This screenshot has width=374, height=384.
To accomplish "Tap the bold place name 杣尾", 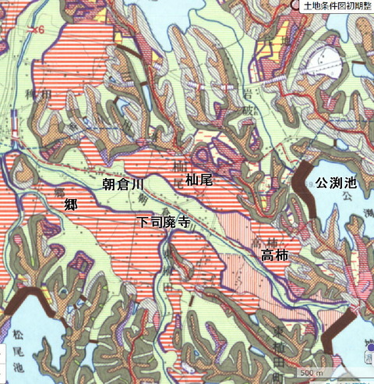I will [x=200, y=180].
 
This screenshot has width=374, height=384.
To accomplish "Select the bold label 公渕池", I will [x=337, y=183].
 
